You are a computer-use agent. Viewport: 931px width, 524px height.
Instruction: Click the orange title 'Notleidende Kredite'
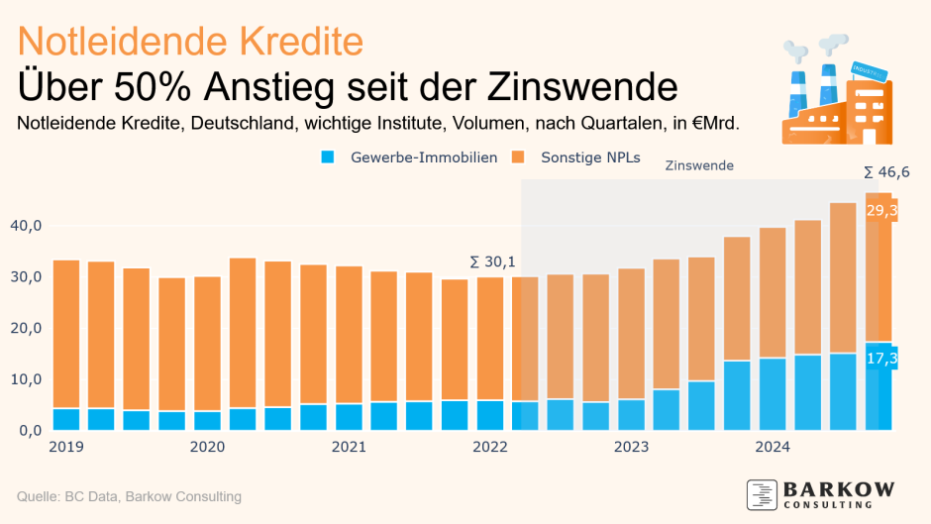(x=191, y=41)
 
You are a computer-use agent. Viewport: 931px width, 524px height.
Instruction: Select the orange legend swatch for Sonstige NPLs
(x=519, y=157)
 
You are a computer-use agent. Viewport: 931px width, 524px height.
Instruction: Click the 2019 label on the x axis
(x=65, y=447)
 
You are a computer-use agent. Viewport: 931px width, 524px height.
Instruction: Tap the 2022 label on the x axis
(x=489, y=447)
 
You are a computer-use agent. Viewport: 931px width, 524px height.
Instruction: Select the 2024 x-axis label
(x=773, y=447)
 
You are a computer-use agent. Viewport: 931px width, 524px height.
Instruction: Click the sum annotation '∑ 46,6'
(x=886, y=172)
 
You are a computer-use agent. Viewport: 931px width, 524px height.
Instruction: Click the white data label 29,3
(x=881, y=211)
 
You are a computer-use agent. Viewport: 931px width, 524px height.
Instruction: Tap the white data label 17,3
(x=881, y=358)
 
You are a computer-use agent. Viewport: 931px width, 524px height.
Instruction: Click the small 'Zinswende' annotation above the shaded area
(x=699, y=165)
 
